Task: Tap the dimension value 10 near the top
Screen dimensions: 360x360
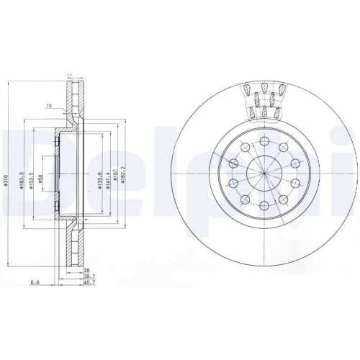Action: (x=48, y=106)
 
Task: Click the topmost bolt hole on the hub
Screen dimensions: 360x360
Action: (x=265, y=140)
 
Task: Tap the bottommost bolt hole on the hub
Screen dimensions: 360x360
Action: (x=265, y=207)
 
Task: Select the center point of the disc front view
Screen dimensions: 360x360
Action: (x=265, y=174)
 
